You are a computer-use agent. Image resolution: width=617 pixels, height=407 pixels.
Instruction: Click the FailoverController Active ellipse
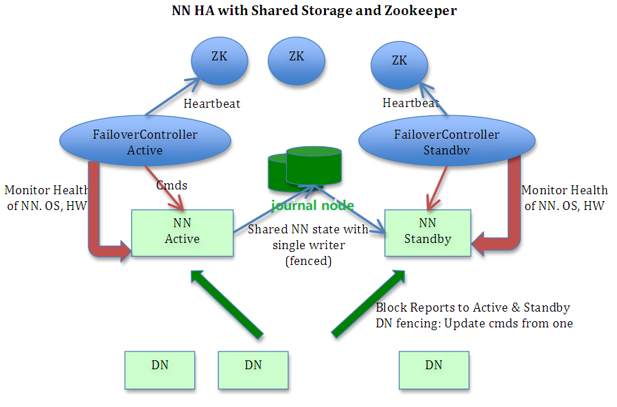[x=145, y=141]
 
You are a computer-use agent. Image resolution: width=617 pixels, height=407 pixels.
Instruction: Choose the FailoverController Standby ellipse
[x=447, y=141]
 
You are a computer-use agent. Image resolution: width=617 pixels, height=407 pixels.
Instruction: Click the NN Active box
[x=182, y=233]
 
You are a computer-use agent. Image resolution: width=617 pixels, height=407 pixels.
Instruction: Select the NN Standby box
[x=427, y=233]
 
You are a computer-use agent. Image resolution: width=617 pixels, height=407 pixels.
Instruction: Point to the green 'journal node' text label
[x=312, y=205]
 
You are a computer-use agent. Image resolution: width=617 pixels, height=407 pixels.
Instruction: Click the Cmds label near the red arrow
[x=172, y=185]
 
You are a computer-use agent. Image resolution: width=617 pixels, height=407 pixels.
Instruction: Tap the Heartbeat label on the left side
[x=212, y=104]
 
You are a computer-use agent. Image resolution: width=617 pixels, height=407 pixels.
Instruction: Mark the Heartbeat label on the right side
[x=410, y=104]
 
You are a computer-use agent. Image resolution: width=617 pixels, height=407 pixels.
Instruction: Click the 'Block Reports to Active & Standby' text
[x=472, y=307]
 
